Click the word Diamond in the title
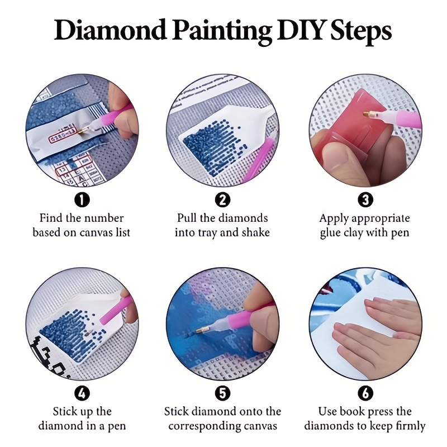point(110,30)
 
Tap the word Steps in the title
point(361,32)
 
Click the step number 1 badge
point(82,199)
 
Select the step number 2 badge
point(222,199)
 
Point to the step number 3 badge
point(365,199)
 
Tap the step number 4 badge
point(82,393)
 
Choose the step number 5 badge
point(222,393)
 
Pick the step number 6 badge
point(365,393)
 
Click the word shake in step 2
point(255,232)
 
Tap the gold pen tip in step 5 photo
point(201,330)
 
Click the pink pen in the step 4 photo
point(115,310)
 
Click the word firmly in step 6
point(411,426)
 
